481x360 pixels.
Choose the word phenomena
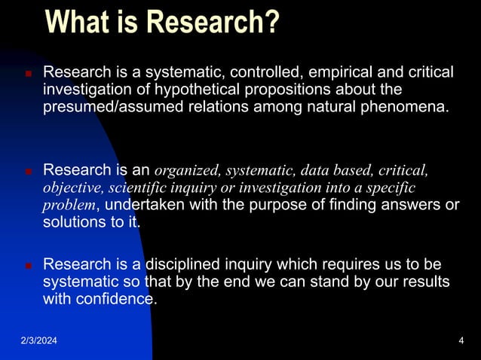[x=409, y=107]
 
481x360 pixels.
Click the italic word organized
[x=186, y=170]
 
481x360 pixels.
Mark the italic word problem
[x=69, y=206]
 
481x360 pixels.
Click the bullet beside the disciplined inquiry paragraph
[x=27, y=266]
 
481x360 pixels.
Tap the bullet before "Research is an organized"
[x=27, y=172]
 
